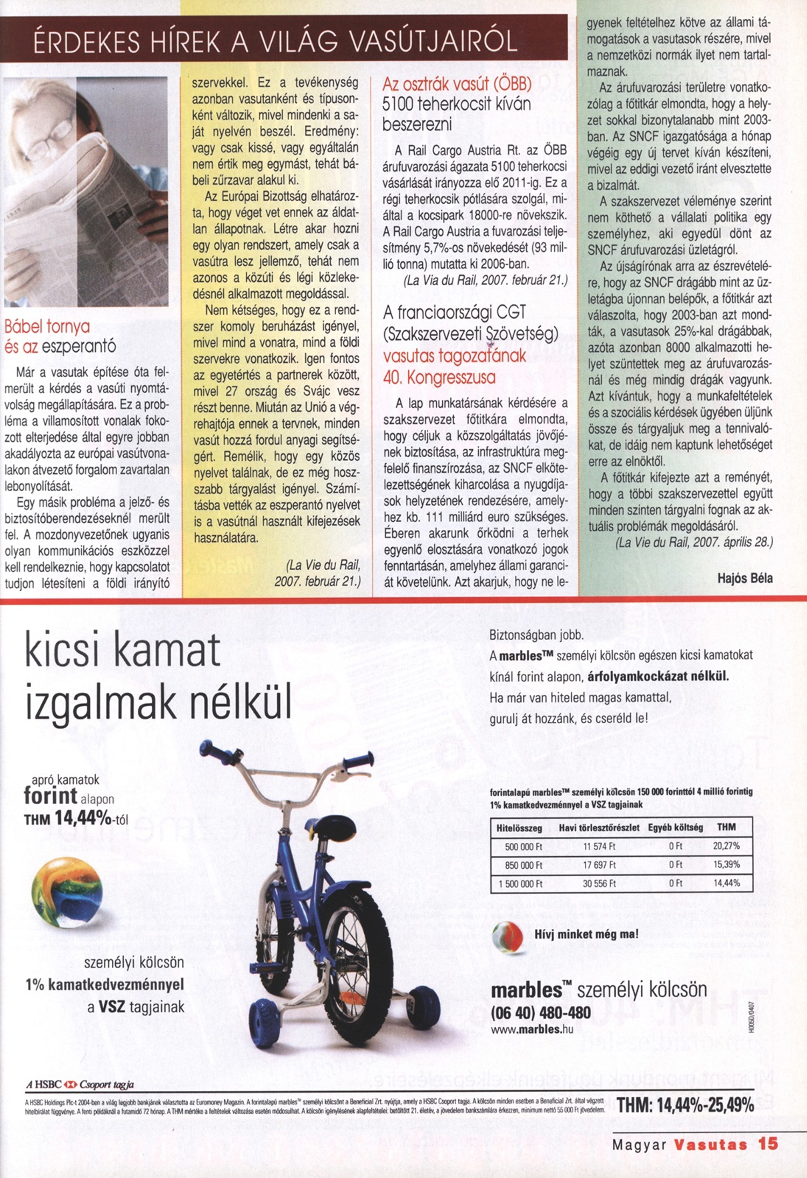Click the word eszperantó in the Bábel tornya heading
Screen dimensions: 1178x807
pos(79,347)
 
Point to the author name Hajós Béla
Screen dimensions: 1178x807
pos(745,578)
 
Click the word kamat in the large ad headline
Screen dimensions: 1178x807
pos(167,650)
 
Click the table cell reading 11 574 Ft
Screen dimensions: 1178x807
pos(599,846)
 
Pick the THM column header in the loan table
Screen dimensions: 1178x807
pos(726,827)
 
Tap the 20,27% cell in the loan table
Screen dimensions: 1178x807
pos(726,846)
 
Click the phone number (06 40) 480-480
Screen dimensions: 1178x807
pos(541,1013)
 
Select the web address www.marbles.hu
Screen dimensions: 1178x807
pos(532,1030)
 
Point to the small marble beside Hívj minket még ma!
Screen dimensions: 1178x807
pos(507,936)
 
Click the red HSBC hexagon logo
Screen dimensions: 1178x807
pos(71,1084)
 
